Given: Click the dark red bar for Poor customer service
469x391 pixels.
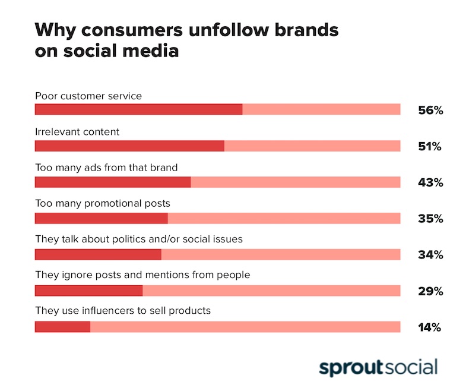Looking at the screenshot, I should coord(138,109).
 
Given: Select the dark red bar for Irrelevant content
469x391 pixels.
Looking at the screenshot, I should coord(129,146).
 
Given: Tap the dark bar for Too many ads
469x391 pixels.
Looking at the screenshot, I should coord(113,182).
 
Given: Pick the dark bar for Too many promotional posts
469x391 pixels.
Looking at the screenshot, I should coord(101,218).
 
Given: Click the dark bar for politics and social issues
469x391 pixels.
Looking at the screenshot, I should coord(98,254).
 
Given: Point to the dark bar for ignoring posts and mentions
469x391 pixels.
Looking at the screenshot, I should coord(88,291).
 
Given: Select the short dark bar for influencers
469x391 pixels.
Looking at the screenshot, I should coord(62,327).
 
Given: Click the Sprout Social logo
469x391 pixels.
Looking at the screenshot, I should coord(378,367).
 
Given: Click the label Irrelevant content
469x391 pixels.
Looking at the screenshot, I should coord(77,131).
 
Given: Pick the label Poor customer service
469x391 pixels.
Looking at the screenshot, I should coord(88,95).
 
